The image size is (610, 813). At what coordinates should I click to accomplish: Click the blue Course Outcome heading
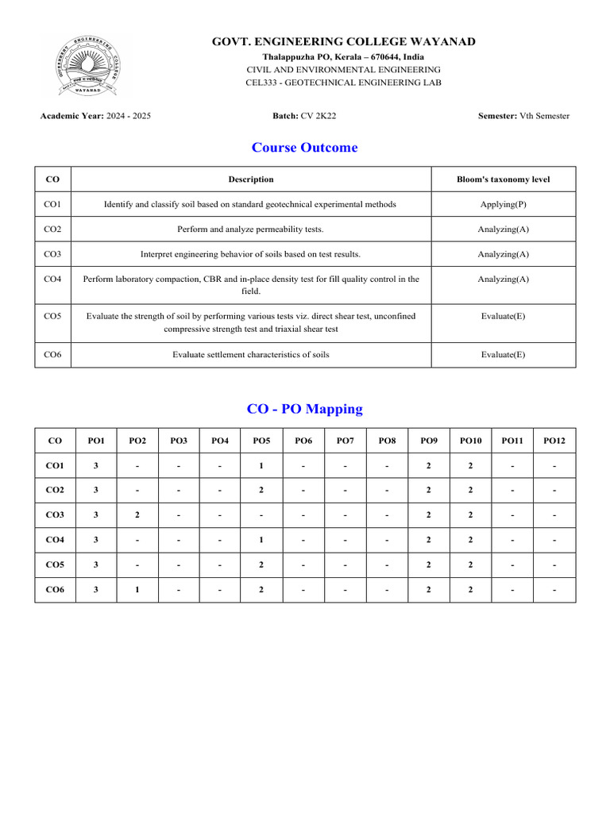pyautogui.click(x=304, y=148)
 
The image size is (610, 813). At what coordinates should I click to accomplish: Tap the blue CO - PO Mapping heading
pyautogui.click(x=304, y=409)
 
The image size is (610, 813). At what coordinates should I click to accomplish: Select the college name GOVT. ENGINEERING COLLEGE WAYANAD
pyautogui.click(x=343, y=41)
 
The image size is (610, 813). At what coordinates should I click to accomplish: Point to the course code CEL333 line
pyautogui.click(x=343, y=83)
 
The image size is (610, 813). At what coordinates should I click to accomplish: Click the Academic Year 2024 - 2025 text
pyautogui.click(x=95, y=116)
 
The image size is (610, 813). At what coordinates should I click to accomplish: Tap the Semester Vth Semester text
pyautogui.click(x=523, y=116)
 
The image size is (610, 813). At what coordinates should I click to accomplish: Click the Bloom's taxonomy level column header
pyautogui.click(x=503, y=179)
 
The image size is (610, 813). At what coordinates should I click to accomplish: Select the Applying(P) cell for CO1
pyautogui.click(x=503, y=205)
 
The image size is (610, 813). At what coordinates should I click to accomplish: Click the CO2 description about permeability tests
pyautogui.click(x=250, y=229)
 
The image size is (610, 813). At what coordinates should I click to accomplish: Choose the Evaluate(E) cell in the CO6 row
pyautogui.click(x=503, y=355)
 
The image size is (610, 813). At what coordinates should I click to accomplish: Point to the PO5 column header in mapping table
pyautogui.click(x=261, y=441)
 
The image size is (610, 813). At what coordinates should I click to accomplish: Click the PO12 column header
pyautogui.click(x=554, y=441)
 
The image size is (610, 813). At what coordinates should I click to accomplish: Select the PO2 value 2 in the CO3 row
pyautogui.click(x=137, y=515)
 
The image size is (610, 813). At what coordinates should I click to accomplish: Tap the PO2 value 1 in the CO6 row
pyautogui.click(x=137, y=590)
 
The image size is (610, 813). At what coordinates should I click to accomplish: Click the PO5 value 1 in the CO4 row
pyautogui.click(x=261, y=540)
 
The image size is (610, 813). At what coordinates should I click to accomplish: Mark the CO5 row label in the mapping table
pyautogui.click(x=55, y=565)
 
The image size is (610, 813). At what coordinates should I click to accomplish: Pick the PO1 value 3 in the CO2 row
pyautogui.click(x=96, y=491)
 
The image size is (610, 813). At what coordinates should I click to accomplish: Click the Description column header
pyautogui.click(x=250, y=179)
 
